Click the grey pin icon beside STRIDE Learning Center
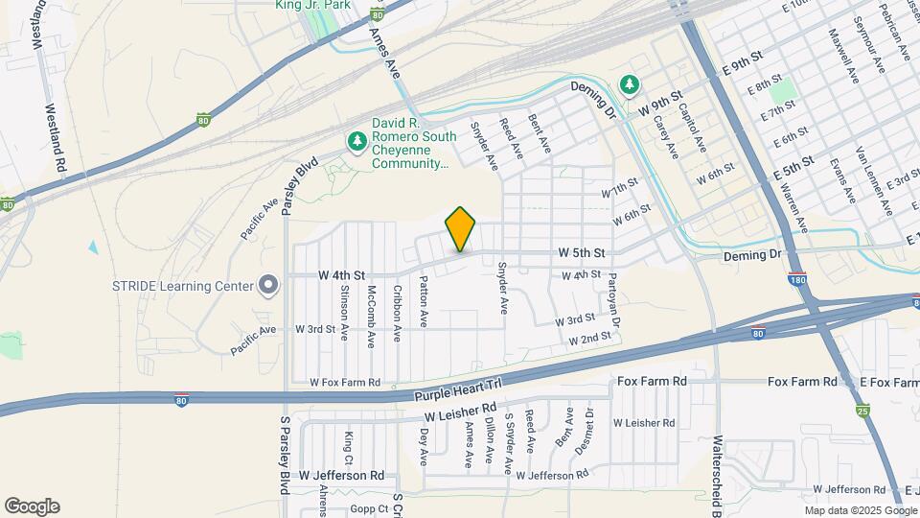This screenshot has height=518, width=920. (269, 286)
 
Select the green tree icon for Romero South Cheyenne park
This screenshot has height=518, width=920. (357, 142)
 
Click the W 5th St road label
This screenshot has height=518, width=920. (583, 253)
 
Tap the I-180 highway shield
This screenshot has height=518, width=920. (796, 279)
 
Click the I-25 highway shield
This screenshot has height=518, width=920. (863, 412)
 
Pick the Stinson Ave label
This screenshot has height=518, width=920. (344, 306)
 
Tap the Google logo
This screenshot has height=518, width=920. (32, 506)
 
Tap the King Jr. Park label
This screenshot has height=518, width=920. (313, 6)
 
